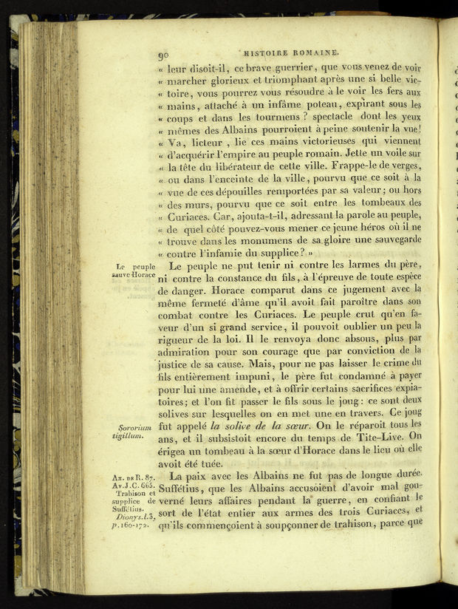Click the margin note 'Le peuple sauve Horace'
point(134,271)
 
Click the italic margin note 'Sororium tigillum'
point(134,432)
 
